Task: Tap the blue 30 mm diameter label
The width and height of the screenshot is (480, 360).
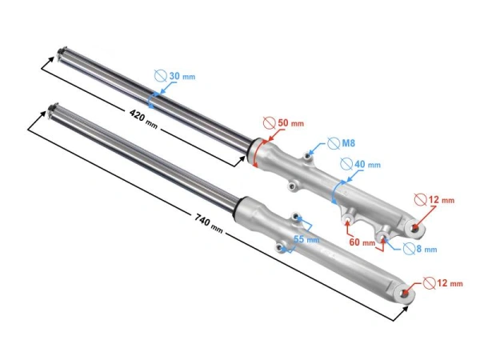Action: click(x=180, y=77)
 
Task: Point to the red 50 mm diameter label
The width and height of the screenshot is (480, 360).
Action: click(x=290, y=123)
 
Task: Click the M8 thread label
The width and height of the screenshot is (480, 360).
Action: click(x=347, y=143)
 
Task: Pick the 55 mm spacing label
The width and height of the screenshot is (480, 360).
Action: click(x=306, y=238)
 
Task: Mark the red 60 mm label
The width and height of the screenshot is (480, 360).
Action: click(x=362, y=242)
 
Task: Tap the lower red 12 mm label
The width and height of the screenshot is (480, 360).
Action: click(x=449, y=282)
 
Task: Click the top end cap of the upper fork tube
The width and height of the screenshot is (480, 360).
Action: click(x=58, y=56)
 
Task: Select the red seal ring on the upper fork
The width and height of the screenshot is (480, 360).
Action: click(x=255, y=150)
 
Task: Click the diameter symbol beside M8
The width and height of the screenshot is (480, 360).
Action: click(x=331, y=144)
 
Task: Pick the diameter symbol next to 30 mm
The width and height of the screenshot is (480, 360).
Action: click(x=160, y=76)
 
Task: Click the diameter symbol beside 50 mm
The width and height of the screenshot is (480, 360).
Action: click(x=269, y=123)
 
